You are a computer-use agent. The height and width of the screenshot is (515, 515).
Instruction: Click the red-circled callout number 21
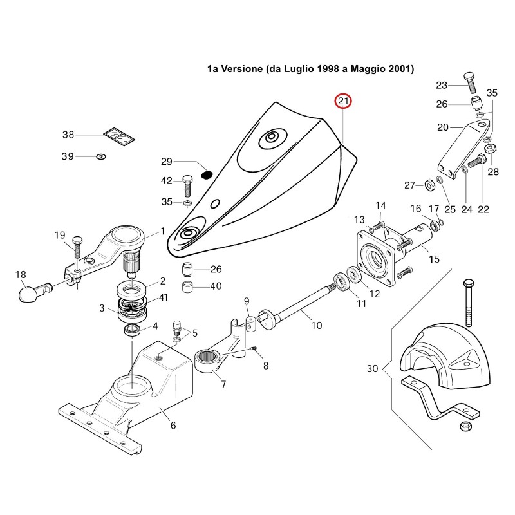pyautogui.click(x=343, y=101)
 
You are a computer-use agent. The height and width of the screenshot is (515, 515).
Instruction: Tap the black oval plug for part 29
pyautogui.click(x=207, y=175)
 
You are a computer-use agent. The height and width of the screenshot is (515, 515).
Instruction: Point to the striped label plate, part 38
pyautogui.click(x=119, y=136)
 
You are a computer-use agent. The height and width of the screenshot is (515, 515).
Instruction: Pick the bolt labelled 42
pyautogui.click(x=187, y=187)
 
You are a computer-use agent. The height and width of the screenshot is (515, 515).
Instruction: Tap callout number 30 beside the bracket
pyautogui.click(x=373, y=368)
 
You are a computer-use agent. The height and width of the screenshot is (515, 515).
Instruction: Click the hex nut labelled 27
pyautogui.click(x=429, y=185)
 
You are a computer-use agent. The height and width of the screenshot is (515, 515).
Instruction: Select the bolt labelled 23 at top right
pyautogui.click(x=470, y=82)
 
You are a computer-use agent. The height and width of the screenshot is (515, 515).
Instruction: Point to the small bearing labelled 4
pyautogui.click(x=133, y=330)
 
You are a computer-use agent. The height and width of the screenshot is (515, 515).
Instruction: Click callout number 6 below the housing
pyautogui.click(x=173, y=426)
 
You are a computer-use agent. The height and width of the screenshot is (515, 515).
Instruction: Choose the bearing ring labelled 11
pyautogui.click(x=342, y=282)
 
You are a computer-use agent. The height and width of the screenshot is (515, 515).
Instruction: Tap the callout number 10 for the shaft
pyautogui.click(x=317, y=326)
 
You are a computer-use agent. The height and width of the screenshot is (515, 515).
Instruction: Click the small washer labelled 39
pyautogui.click(x=101, y=156)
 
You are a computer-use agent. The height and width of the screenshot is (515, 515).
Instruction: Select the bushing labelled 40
pyautogui.click(x=187, y=286)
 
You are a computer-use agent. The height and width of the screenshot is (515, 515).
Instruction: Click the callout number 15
pyautogui.click(x=434, y=259)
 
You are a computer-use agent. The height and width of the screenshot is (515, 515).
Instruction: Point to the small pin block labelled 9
pyautogui.click(x=251, y=324)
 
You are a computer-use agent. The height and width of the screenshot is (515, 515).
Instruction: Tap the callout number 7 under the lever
pyautogui.click(x=223, y=384)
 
